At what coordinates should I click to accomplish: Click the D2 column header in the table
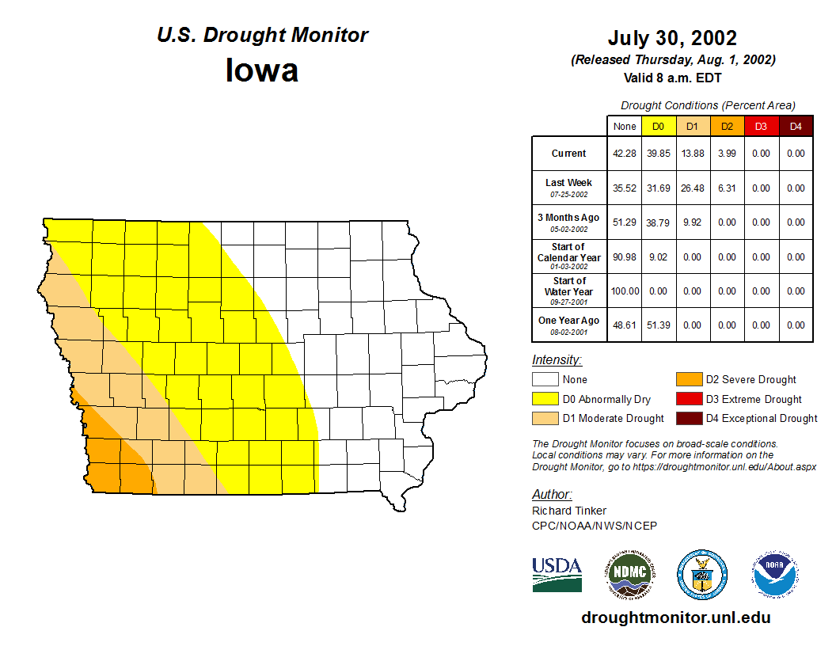pyautogui.click(x=727, y=127)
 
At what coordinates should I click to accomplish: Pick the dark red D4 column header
pyautogui.click(x=796, y=127)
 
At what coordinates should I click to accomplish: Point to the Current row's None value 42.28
pyautogui.click(x=625, y=154)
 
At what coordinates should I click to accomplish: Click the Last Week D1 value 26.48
pyautogui.click(x=693, y=188)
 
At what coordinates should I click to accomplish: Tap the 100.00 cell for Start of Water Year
pyautogui.click(x=625, y=291)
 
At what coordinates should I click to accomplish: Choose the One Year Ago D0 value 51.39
pyautogui.click(x=659, y=325)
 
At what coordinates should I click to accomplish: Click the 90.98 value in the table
pyautogui.click(x=625, y=257)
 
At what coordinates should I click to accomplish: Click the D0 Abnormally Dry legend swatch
pyautogui.click(x=545, y=399)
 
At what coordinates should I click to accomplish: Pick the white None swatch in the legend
pyautogui.click(x=545, y=380)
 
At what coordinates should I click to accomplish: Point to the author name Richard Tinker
pyautogui.click(x=569, y=511)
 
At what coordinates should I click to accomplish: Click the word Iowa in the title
pyautogui.click(x=262, y=70)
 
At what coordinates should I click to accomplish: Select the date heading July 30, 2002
pyautogui.click(x=672, y=38)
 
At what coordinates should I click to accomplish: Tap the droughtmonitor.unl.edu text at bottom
pyautogui.click(x=675, y=617)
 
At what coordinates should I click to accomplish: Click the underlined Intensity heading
pyautogui.click(x=557, y=360)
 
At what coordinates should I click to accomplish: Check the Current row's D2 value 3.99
pyautogui.click(x=727, y=154)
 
